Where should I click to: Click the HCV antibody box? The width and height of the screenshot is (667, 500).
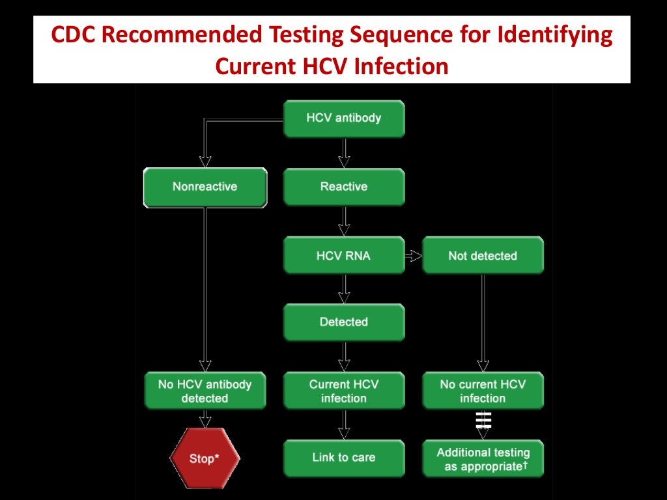[x=343, y=118]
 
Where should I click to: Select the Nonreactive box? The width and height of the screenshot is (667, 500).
[x=205, y=187]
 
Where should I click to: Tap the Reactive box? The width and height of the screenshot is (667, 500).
[x=343, y=187]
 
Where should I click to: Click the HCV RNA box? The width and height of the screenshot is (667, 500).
[x=343, y=256]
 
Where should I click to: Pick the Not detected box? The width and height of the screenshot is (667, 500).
[x=482, y=256]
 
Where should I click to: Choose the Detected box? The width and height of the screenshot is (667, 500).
[x=343, y=322]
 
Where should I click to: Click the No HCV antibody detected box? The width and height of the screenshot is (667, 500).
[x=205, y=391]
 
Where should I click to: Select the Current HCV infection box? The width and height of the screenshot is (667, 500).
[x=343, y=391]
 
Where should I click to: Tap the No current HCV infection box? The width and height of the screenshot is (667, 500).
[x=482, y=391]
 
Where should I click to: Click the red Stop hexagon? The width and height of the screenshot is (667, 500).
[x=205, y=458]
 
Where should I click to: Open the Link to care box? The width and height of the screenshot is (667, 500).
[x=343, y=458]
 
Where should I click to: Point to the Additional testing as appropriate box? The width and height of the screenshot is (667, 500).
[x=482, y=459]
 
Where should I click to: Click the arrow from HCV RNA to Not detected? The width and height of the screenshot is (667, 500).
[x=413, y=256]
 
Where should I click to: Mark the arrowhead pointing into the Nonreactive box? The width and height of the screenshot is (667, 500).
[x=205, y=162]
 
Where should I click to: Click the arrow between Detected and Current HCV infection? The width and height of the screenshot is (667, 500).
[x=344, y=357]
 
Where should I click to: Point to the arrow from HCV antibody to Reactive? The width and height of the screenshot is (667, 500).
[x=344, y=153]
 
